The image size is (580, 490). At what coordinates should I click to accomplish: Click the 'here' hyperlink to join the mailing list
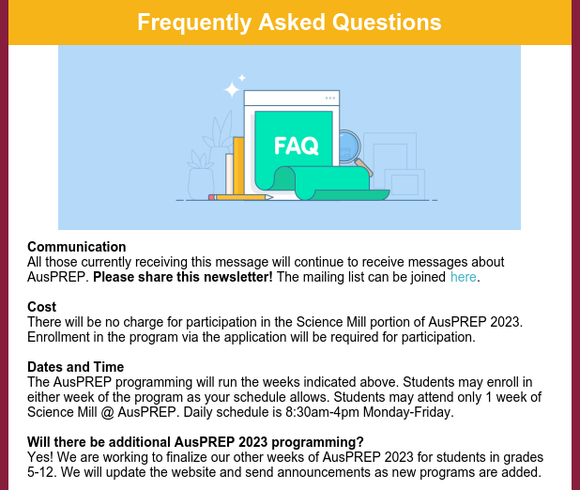pyautogui.click(x=463, y=277)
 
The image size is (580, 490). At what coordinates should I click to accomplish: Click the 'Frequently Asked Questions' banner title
pyautogui.click(x=290, y=22)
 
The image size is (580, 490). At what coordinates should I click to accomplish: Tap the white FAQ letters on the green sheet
pyautogui.click(x=297, y=145)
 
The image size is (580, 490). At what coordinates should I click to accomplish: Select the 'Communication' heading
pyautogui.click(x=77, y=247)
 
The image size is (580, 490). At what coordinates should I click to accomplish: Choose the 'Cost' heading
pyautogui.click(x=42, y=307)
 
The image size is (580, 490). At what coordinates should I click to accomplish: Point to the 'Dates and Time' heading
pyautogui.click(x=75, y=367)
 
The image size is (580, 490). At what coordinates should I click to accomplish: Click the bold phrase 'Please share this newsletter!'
pyautogui.click(x=183, y=277)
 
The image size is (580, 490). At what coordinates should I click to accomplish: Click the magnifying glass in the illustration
pyautogui.click(x=353, y=151)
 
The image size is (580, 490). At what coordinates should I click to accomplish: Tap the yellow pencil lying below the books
pyautogui.click(x=241, y=197)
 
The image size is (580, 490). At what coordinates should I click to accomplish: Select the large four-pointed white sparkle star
pyautogui.click(x=232, y=89)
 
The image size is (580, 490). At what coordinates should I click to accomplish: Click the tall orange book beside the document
pyautogui.click(x=238, y=166)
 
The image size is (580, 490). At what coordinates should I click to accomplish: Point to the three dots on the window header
pyautogui.click(x=330, y=98)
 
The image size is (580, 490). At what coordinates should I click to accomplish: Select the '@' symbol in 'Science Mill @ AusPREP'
pyautogui.click(x=107, y=412)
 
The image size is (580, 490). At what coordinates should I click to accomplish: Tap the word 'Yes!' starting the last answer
pyautogui.click(x=40, y=457)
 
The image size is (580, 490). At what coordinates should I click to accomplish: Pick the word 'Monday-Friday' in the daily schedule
pyautogui.click(x=408, y=412)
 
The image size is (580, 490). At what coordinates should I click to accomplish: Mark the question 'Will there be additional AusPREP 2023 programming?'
pyautogui.click(x=195, y=442)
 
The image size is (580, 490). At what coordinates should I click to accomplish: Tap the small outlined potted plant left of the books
pyautogui.click(x=201, y=176)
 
